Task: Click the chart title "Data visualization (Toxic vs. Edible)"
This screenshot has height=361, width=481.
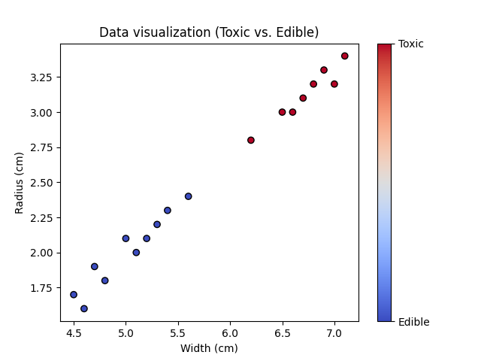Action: pos(209,32)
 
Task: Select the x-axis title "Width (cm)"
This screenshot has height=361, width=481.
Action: pos(209,348)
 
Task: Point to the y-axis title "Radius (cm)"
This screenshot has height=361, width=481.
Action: pos(20,183)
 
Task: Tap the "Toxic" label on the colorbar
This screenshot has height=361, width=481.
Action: pos(411,44)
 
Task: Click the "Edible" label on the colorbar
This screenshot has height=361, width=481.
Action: pos(413,322)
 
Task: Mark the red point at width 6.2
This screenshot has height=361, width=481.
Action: pos(251,140)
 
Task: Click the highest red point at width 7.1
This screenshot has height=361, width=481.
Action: pos(345,56)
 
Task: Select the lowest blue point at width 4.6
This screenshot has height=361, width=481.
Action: pos(84,308)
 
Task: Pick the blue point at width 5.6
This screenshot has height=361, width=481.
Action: pos(189,196)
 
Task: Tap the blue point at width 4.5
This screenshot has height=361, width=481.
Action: pos(74,295)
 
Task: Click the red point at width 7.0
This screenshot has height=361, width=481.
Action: pos(334,84)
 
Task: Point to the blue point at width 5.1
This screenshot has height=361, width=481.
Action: pos(136,253)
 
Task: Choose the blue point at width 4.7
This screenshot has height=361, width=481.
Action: pos(95,266)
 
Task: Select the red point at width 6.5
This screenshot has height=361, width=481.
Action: pos(283,112)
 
